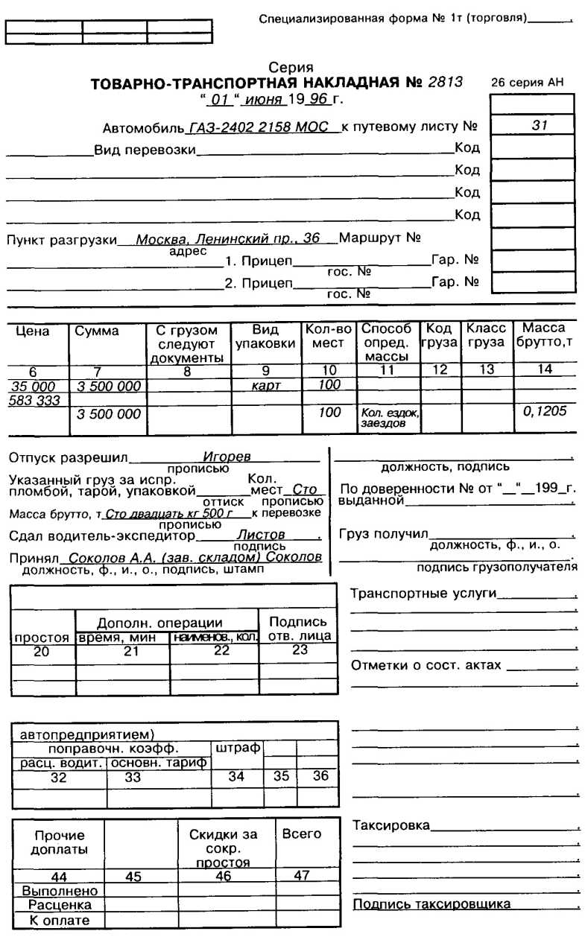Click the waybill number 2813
[445, 82]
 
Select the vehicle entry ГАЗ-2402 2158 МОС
[259, 127]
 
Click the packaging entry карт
[266, 387]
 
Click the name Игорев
[227, 457]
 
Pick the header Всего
[302, 834]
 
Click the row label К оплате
[59, 920]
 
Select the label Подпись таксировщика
[431, 904]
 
